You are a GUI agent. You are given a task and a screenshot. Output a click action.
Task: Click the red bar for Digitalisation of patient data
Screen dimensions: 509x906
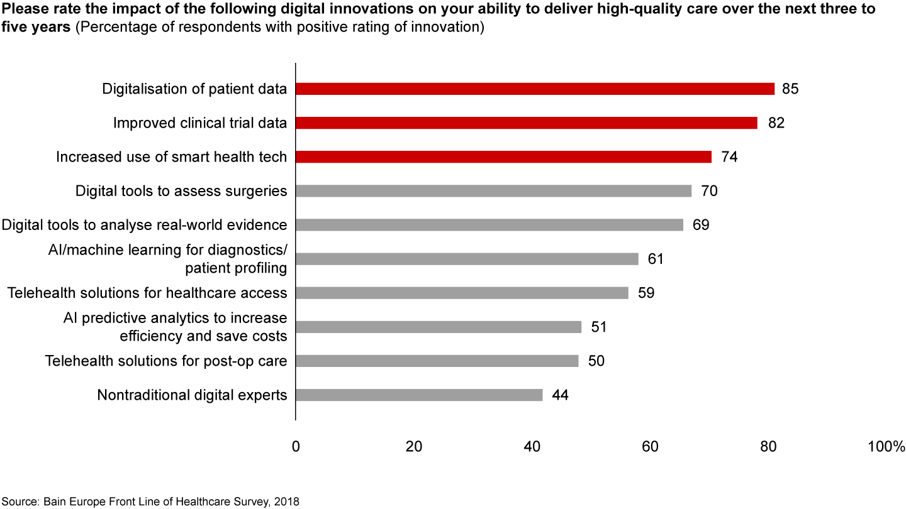535,89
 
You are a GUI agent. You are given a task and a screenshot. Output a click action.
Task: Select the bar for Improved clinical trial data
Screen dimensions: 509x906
526,123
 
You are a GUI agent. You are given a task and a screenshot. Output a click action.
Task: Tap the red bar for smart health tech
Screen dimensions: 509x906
503,157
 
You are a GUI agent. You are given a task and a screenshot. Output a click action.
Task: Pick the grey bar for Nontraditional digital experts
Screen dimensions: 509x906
418,395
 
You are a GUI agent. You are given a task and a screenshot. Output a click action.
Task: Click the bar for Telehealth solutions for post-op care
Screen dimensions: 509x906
437,361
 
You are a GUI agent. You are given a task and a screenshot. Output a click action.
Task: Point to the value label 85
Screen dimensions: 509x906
790,89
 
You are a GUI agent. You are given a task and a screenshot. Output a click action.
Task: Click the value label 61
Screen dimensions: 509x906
656,259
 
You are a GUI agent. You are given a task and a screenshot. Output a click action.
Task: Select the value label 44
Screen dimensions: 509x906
559,395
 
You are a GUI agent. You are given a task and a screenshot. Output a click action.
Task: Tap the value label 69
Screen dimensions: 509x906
701,225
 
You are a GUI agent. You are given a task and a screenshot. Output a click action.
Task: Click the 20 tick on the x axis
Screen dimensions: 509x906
414,447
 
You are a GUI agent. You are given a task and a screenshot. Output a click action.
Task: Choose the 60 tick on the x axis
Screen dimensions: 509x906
650,447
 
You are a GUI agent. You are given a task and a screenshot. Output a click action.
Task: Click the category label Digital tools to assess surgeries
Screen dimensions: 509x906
181,191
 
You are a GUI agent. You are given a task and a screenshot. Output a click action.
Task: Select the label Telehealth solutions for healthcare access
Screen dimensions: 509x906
147,293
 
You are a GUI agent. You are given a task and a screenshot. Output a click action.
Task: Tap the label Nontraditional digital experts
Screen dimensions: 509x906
192,395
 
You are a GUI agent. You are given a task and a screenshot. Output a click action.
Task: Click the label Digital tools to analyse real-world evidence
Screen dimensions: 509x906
145,225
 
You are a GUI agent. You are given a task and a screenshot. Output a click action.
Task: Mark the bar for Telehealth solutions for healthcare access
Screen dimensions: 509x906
462,293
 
